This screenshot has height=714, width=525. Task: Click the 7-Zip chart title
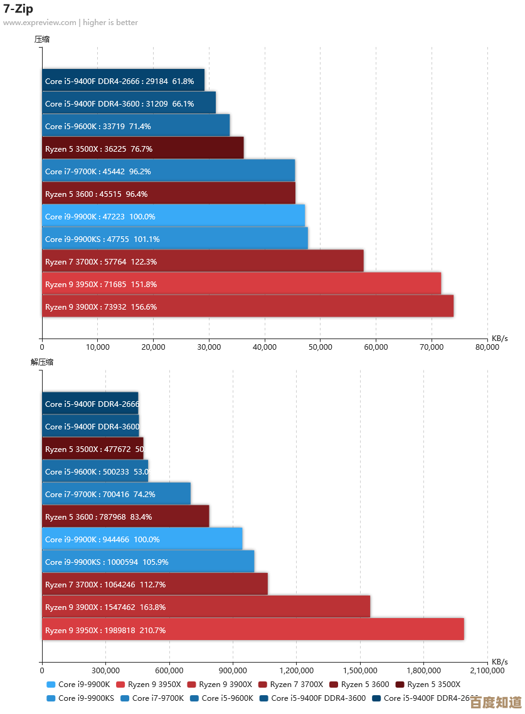[x=18, y=9]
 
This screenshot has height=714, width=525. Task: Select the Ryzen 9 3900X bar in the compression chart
[x=247, y=307]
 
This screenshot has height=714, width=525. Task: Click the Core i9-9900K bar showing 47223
[x=173, y=216]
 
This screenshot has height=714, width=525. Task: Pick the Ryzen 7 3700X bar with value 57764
[x=202, y=261]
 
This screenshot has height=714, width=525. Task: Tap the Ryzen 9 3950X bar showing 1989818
[x=253, y=629]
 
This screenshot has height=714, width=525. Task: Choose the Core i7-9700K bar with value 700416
[x=116, y=494]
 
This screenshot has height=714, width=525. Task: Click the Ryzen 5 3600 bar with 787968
[x=125, y=517]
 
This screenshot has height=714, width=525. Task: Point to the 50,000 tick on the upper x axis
[x=320, y=347]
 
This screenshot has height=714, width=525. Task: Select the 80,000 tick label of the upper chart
[x=487, y=347]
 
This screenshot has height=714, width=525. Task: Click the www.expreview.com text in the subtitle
[x=39, y=23]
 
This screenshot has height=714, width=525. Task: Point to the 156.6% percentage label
[x=145, y=307]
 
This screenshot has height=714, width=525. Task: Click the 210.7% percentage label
[x=153, y=630]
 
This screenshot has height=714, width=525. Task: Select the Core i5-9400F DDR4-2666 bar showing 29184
[x=123, y=81]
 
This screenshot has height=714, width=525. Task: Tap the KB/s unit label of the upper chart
[x=499, y=339]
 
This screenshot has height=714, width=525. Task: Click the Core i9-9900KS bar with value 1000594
[x=148, y=562]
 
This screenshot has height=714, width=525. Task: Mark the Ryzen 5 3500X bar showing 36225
[x=142, y=149]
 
